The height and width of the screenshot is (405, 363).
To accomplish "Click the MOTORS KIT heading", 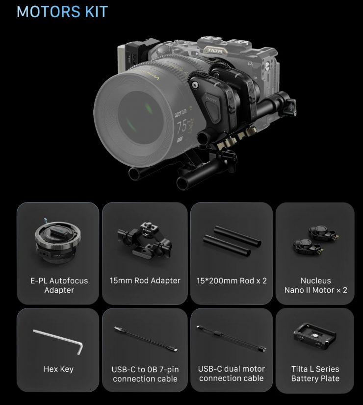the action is click(62, 12).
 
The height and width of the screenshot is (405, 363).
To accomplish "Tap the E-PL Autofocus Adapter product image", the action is click(58, 241).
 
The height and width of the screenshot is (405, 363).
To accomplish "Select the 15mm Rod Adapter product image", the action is click(145, 240).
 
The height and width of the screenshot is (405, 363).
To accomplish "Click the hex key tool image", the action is click(58, 341).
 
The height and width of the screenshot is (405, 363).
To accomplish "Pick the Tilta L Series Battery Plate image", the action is click(315, 336).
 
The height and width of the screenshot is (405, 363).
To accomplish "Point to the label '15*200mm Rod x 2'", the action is click(232, 281).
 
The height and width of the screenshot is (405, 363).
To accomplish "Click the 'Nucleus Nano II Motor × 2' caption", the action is click(316, 285).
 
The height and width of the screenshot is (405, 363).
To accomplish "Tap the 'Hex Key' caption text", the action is click(58, 369).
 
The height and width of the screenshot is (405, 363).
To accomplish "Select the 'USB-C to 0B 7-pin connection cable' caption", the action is click(145, 374).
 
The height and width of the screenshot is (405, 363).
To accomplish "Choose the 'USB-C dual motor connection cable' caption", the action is click(232, 374).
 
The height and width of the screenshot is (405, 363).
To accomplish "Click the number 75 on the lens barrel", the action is click(182, 127).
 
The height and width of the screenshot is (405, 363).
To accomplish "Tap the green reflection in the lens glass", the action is click(148, 107).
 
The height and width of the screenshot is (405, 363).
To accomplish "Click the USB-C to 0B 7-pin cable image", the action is click(146, 339).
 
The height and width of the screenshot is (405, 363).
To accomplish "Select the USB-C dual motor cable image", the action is click(232, 339).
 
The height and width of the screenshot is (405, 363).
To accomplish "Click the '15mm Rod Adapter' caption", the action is click(145, 280).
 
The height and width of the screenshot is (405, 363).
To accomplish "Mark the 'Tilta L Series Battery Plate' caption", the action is click(315, 374).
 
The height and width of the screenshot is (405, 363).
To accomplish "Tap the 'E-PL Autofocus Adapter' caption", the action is click(59, 285).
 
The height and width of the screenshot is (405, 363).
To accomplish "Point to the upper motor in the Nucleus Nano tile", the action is click(323, 232).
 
